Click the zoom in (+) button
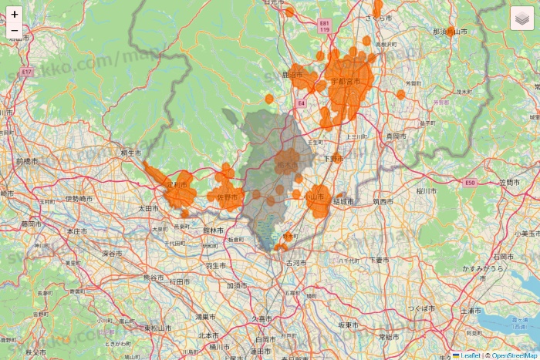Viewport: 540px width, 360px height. [15, 14]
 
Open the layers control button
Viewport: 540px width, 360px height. [522, 18]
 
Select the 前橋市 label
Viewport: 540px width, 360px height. [27, 162]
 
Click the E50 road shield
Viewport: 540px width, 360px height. [471, 183]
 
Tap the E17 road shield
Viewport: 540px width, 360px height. [27, 72]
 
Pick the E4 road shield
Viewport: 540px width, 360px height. [302, 102]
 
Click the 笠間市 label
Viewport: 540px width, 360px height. [510, 183]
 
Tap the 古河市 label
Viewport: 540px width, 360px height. [295, 263]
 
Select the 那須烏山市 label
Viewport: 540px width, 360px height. [451, 32]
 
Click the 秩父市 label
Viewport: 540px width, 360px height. [36, 352]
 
